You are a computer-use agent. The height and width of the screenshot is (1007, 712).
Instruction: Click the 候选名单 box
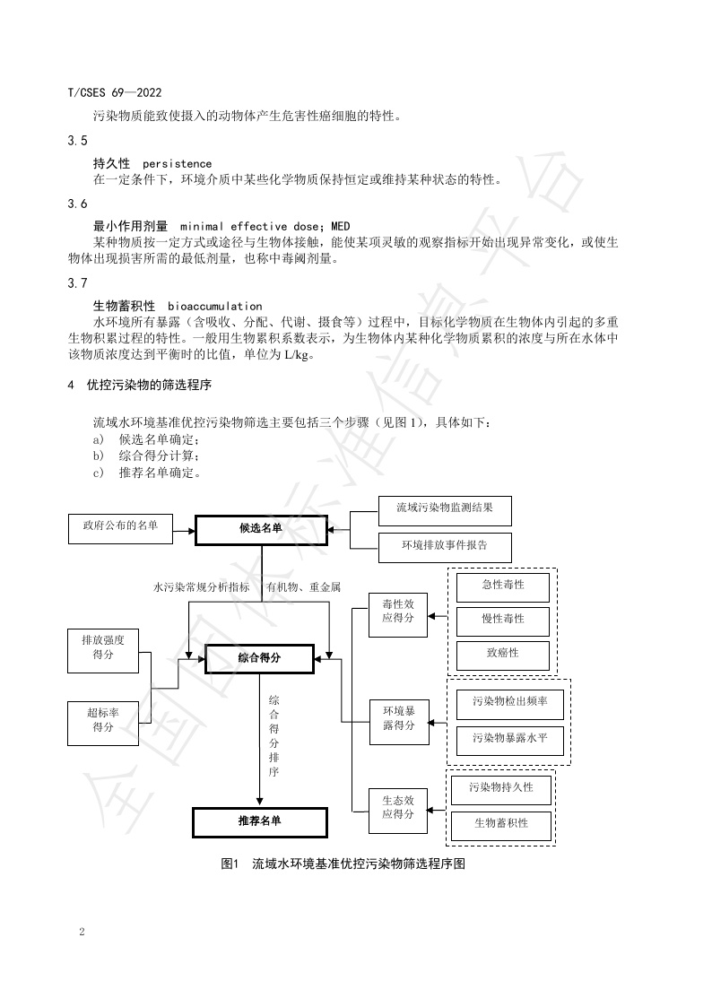click(x=261, y=529)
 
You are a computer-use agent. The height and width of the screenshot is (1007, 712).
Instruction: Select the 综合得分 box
click(x=260, y=658)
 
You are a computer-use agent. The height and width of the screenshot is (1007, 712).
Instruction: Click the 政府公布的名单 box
click(x=122, y=527)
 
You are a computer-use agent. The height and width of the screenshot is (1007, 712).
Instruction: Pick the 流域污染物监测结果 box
click(x=445, y=510)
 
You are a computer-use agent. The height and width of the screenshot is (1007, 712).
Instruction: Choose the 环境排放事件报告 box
click(x=445, y=545)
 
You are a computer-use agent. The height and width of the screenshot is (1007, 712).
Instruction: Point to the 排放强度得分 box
click(x=103, y=650)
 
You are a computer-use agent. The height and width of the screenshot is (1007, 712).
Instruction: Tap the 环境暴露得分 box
click(x=397, y=721)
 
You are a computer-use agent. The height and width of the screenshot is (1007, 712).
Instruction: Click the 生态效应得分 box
click(x=397, y=810)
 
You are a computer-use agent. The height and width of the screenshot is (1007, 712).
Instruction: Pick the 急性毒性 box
click(x=502, y=586)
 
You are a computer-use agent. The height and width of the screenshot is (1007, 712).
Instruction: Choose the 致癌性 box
click(x=502, y=655)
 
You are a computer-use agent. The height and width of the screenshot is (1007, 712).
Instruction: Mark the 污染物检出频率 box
click(x=509, y=705)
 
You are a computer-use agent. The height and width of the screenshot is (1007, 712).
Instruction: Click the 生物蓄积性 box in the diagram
click(x=501, y=823)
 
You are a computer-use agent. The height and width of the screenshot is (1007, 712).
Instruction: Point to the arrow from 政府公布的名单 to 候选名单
click(x=184, y=531)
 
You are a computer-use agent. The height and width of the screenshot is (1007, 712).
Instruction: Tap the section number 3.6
click(x=77, y=204)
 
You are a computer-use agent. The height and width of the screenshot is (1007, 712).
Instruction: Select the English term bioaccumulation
click(x=214, y=307)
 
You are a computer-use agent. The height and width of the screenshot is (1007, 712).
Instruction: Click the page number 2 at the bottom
click(x=82, y=933)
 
